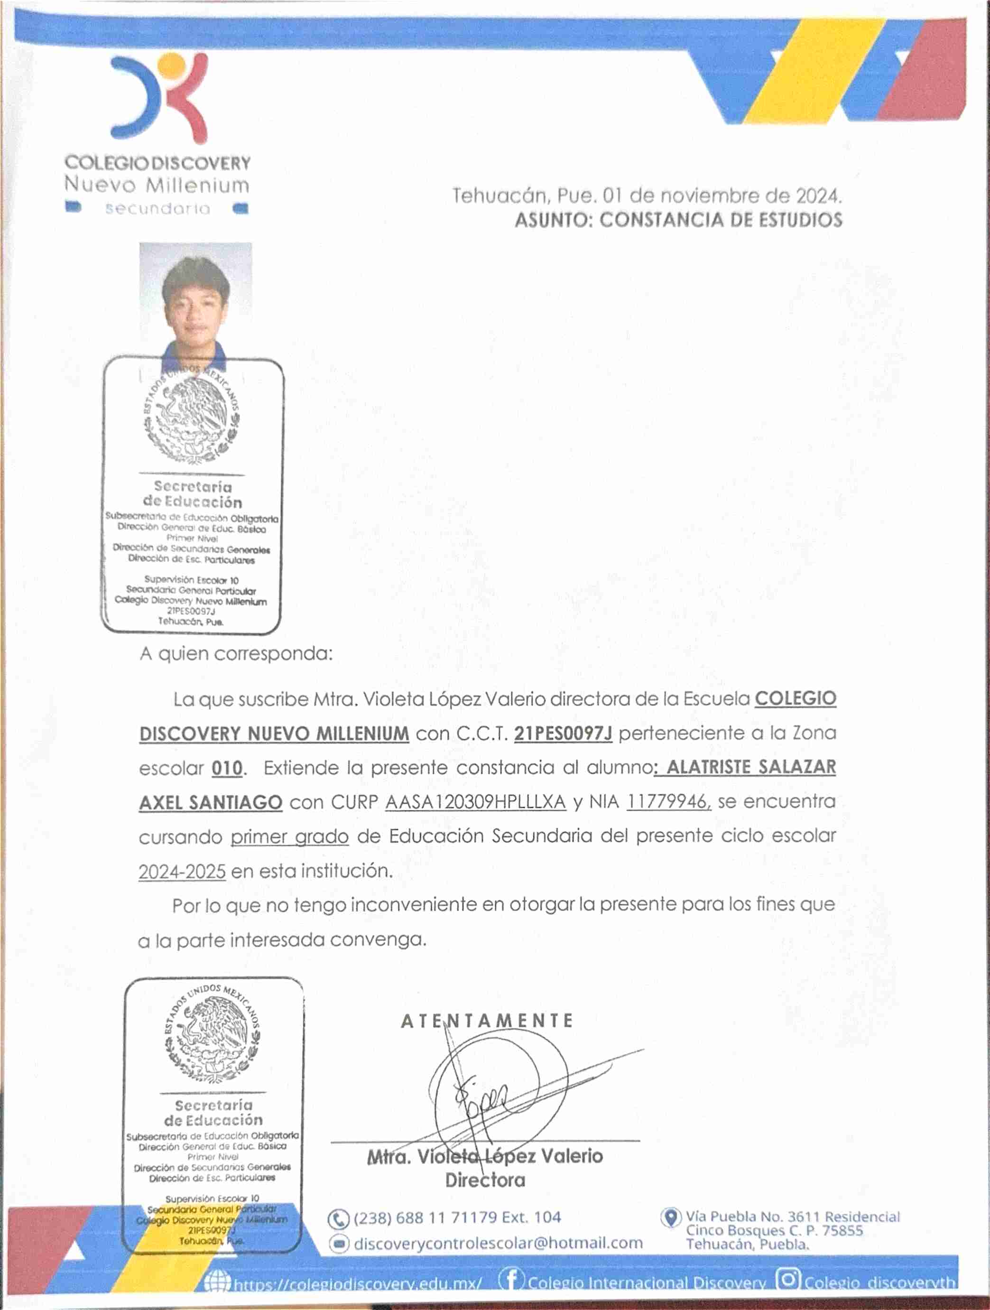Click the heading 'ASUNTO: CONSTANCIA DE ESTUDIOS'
pyautogui.click(x=678, y=220)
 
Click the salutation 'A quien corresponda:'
pyautogui.click(x=236, y=654)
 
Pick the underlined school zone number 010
pyautogui.click(x=227, y=769)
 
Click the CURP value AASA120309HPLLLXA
pyautogui.click(x=475, y=802)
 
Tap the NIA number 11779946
pyautogui.click(x=667, y=802)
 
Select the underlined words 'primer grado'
pyautogui.click(x=289, y=837)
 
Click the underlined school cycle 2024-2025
pyautogui.click(x=182, y=872)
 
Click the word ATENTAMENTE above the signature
pyautogui.click(x=487, y=1021)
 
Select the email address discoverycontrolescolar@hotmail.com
pyautogui.click(x=497, y=1243)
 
